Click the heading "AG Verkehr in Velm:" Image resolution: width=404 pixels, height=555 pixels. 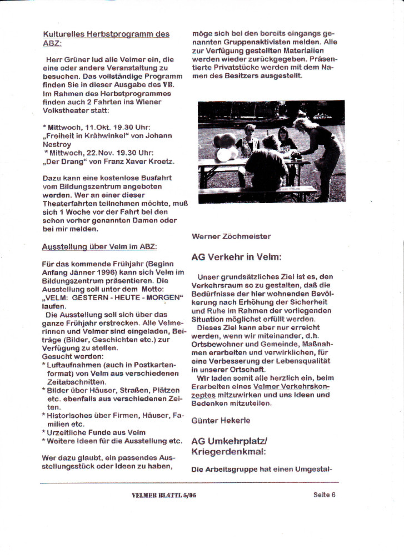click(237, 257)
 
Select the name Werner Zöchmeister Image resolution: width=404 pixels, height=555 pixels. click(231, 236)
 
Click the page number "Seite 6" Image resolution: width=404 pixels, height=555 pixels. click(325, 495)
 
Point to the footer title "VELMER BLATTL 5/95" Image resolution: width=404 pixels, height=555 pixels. click(160, 495)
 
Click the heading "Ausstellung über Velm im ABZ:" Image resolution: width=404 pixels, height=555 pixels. click(100, 246)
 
